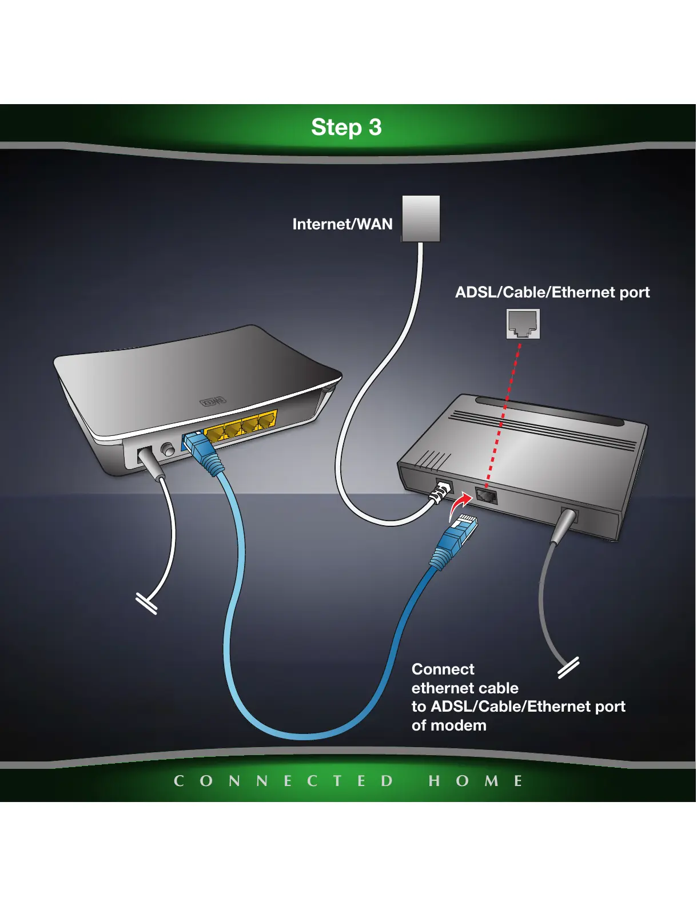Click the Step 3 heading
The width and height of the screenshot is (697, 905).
346,128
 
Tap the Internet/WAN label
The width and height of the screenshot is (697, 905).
342,224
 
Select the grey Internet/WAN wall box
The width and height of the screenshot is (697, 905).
421,218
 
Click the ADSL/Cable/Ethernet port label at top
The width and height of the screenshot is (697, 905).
552,292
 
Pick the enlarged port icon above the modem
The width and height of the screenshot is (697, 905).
523,324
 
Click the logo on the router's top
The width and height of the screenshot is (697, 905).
212,402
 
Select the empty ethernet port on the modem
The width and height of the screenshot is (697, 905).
486,495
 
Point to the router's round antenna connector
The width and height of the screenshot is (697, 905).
168,449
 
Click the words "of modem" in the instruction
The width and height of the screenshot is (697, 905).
449,725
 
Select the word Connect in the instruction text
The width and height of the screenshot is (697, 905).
443,669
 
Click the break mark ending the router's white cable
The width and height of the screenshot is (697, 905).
146,604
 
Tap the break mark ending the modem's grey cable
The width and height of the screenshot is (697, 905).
568,668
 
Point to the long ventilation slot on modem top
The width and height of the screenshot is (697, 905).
549,411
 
